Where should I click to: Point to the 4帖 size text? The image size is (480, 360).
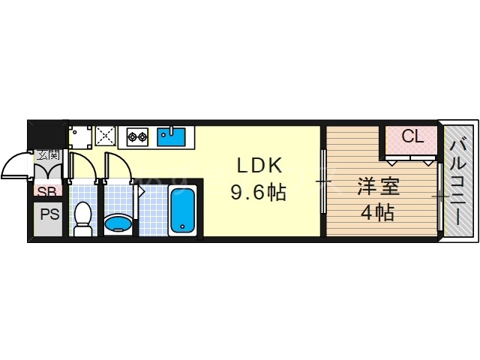(377, 213)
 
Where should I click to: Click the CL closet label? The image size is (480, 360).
(412, 136)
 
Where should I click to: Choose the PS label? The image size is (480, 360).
(49, 214)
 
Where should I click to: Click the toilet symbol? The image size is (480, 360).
(82, 217)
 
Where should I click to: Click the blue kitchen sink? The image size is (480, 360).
(171, 136)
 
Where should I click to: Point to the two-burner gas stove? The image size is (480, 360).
(137, 136)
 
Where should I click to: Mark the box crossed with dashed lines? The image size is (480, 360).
(105, 136)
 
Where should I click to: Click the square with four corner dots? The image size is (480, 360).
(79, 136)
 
